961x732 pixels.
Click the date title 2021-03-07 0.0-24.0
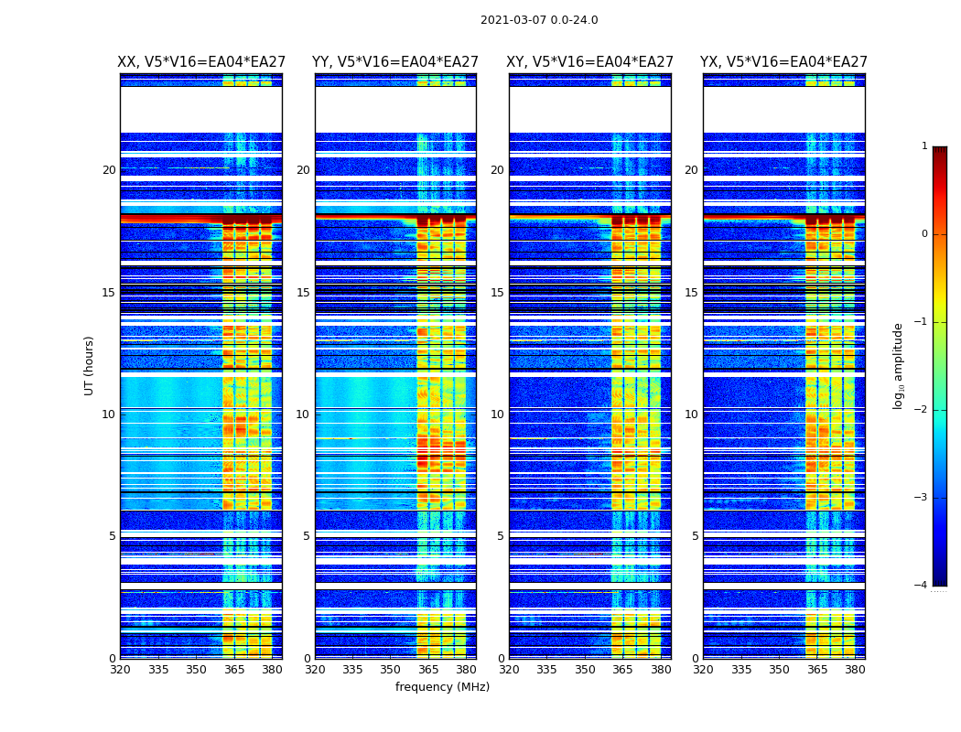click(539, 20)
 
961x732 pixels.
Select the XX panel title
click(201, 62)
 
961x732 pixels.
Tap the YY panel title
click(395, 62)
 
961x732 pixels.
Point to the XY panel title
click(590, 62)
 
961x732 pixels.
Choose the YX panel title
click(783, 62)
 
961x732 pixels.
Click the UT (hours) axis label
click(90, 365)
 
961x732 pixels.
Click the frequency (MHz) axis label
click(442, 687)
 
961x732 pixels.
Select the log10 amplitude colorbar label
click(899, 365)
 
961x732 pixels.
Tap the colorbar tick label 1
click(924, 146)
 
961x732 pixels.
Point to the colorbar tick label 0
click(924, 234)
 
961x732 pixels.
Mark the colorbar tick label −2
click(922, 410)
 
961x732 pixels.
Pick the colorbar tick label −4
click(922, 586)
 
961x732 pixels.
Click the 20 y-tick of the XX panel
click(109, 170)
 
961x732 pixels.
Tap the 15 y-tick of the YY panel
click(303, 293)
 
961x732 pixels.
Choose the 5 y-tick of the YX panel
click(695, 536)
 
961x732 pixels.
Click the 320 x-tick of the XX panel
click(120, 670)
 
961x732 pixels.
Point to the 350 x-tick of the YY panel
click(391, 670)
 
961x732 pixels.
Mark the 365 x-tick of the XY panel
click(622, 670)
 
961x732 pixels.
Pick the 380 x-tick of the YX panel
click(855, 670)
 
